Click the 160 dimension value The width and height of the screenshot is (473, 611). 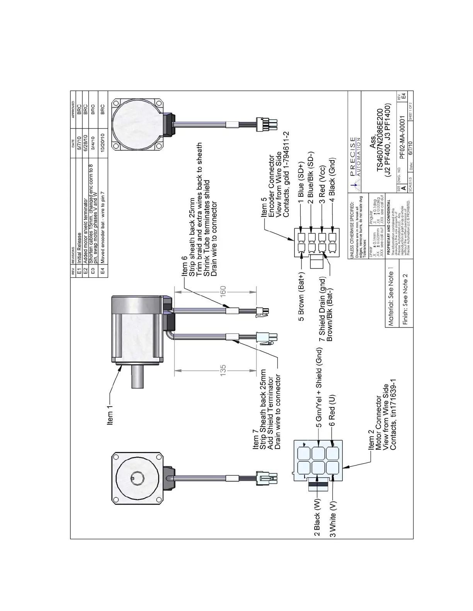(223, 291)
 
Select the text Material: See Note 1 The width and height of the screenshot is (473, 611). (391, 297)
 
